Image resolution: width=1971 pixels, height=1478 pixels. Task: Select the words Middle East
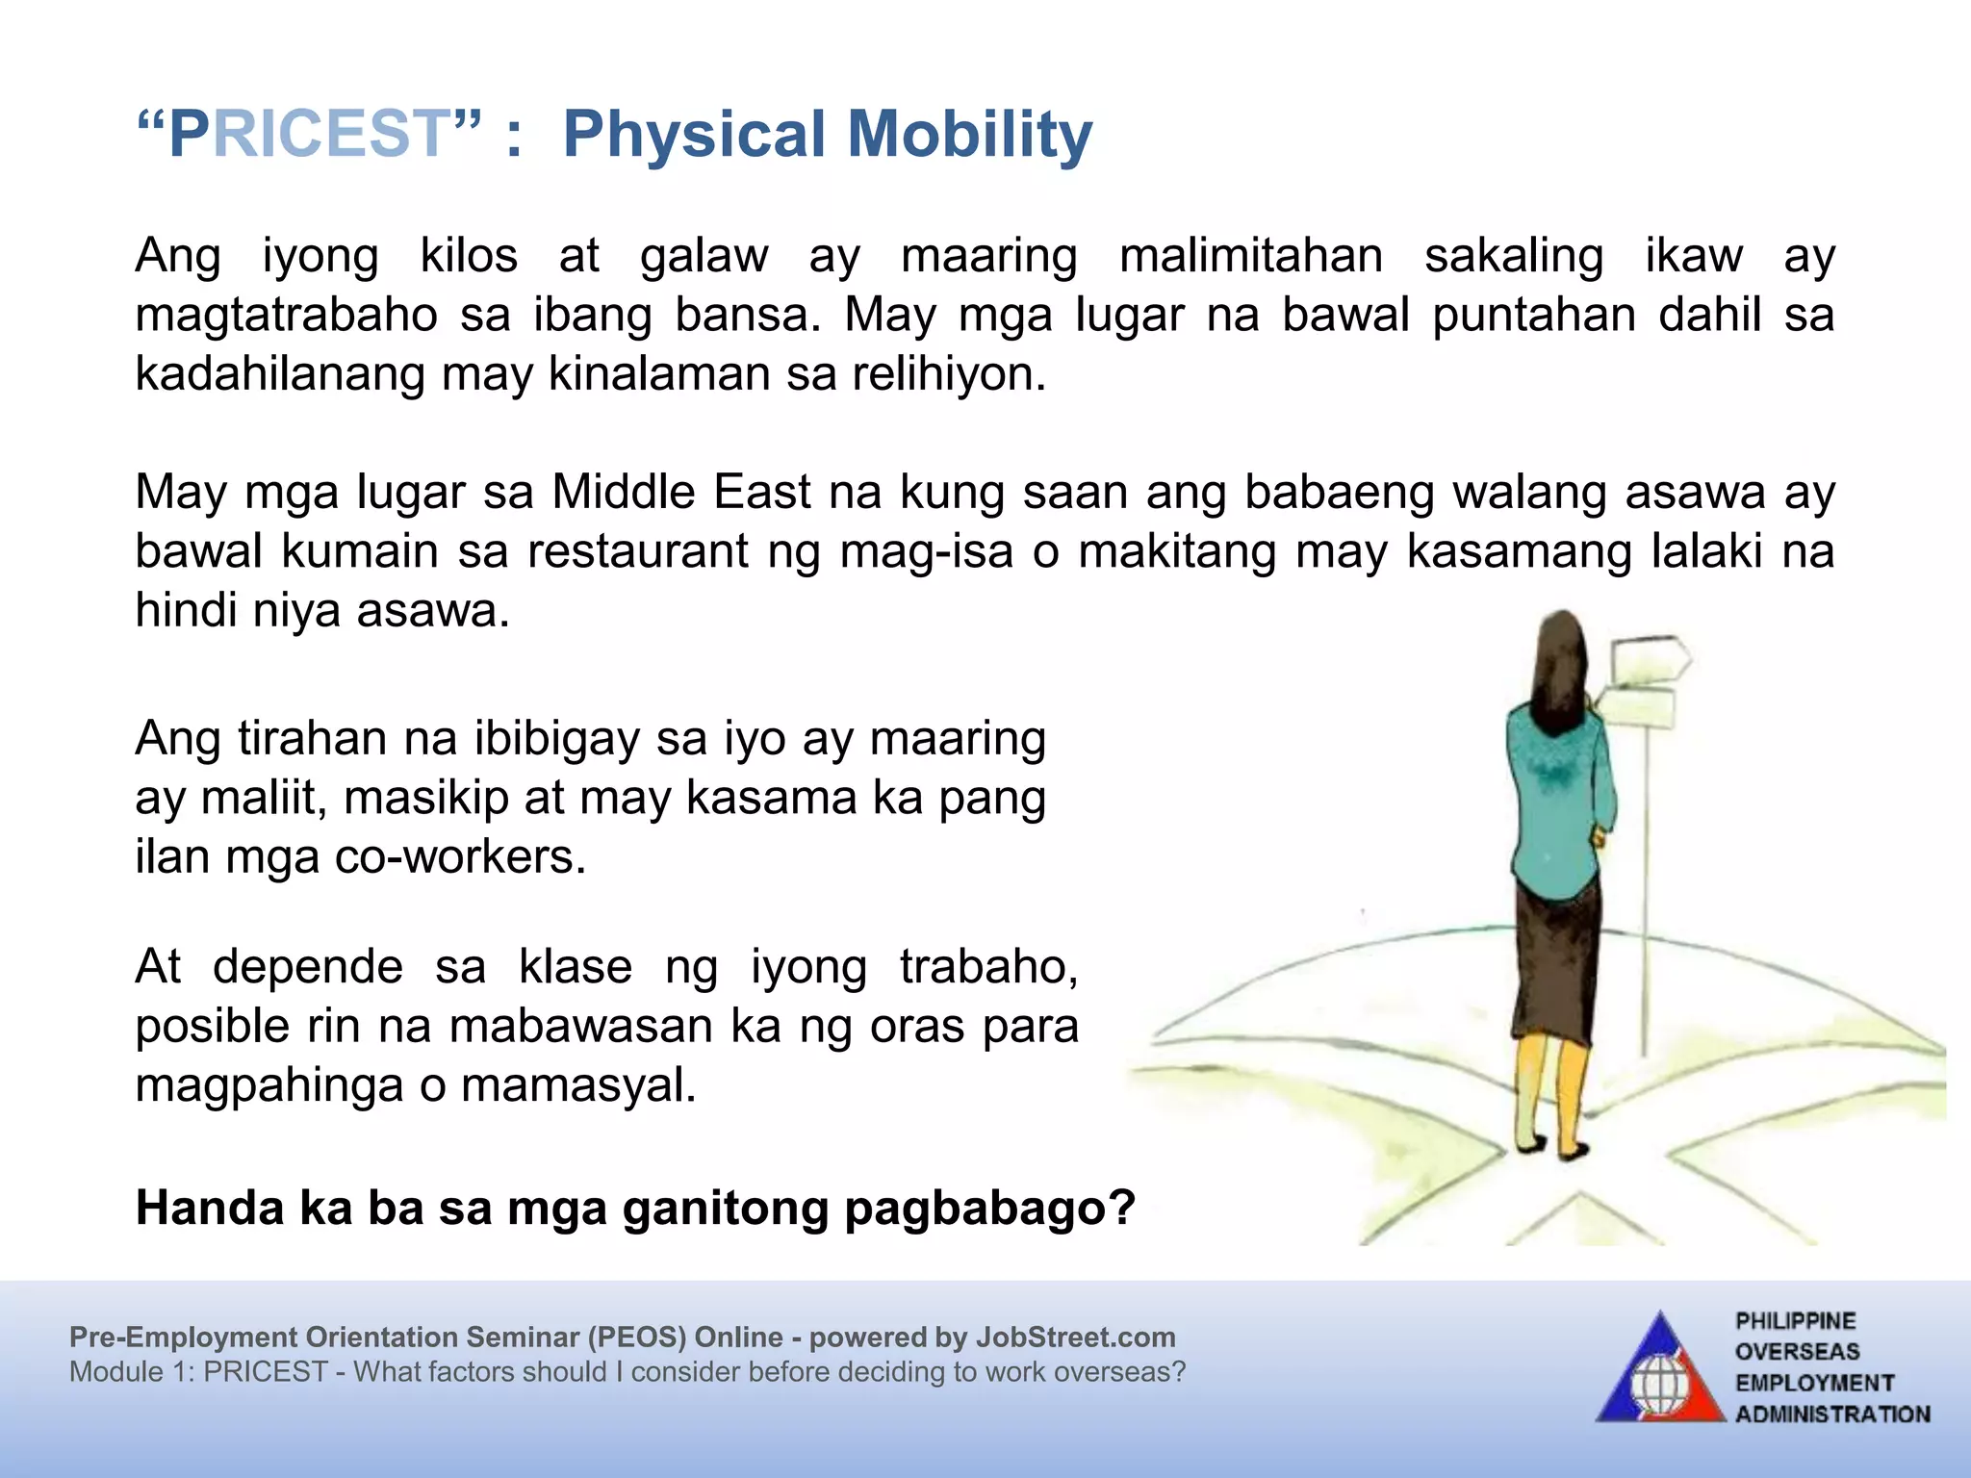[x=681, y=493]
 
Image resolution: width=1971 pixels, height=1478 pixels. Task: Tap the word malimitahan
[x=1251, y=257]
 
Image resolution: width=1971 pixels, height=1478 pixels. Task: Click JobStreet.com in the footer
[x=1075, y=1338]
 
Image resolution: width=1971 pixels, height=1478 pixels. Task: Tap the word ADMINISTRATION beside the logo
[x=1832, y=1414]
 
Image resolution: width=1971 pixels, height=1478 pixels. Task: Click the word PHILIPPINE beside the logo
[x=1795, y=1321]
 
